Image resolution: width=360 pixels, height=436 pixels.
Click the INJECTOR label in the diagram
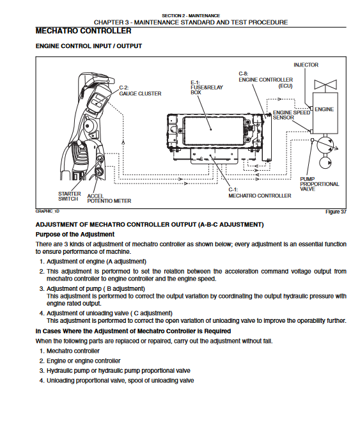(x=306, y=65)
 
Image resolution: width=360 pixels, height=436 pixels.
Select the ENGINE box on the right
(x=325, y=113)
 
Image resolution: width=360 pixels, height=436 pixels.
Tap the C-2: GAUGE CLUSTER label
(x=140, y=91)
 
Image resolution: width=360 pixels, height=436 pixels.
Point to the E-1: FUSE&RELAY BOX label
(x=207, y=88)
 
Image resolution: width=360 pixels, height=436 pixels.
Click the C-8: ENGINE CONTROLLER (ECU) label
(x=266, y=80)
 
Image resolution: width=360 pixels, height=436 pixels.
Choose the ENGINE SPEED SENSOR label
(x=292, y=115)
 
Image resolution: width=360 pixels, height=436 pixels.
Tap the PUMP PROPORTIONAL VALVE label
(x=319, y=184)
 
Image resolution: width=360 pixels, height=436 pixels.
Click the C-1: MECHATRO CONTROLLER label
(x=260, y=192)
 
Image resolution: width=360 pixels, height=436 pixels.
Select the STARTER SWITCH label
(x=69, y=196)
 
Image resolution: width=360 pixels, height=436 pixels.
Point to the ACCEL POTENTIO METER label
(x=109, y=199)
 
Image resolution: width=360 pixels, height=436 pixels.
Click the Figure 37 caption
(x=336, y=212)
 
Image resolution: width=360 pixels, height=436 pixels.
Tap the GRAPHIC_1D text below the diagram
(x=47, y=212)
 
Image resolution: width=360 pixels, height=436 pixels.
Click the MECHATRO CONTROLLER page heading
(x=84, y=31)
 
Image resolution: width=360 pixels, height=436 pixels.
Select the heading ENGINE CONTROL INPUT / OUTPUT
(x=89, y=46)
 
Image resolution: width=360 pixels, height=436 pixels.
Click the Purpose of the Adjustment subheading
(x=75, y=235)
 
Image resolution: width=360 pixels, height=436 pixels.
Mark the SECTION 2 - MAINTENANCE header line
(x=191, y=16)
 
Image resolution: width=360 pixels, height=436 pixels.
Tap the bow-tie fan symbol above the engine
(x=325, y=84)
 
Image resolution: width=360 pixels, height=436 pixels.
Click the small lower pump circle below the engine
(x=325, y=162)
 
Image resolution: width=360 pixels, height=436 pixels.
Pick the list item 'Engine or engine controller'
(x=84, y=361)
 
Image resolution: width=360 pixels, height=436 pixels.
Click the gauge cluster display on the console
(x=97, y=101)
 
